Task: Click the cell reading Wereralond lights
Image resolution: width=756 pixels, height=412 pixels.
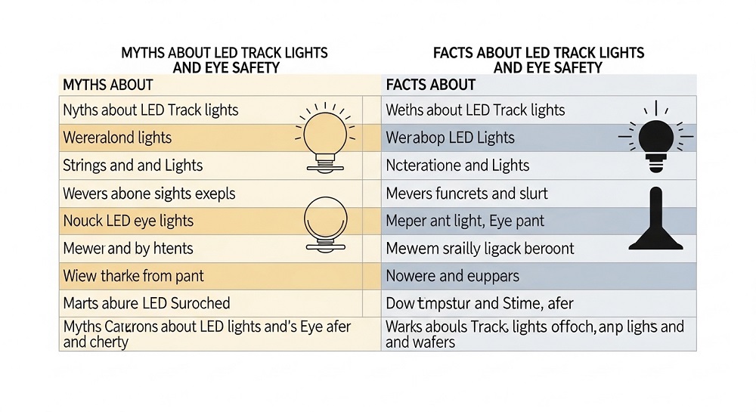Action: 117,138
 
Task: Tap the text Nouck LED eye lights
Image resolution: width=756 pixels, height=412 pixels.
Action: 129,221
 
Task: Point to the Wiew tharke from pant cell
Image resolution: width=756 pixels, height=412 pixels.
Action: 134,276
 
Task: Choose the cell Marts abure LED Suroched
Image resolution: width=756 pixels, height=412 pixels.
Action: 147,303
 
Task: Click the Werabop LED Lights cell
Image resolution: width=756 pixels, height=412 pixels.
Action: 451,138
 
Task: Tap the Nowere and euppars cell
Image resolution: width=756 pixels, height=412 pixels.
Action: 452,276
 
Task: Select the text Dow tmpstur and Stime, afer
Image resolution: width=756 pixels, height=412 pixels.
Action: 480,303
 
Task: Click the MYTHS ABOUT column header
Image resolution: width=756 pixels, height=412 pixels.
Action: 108,85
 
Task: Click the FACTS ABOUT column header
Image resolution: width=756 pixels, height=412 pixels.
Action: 431,85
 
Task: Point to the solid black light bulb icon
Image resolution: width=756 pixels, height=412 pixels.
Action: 655,137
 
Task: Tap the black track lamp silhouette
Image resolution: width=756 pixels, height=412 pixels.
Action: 655,218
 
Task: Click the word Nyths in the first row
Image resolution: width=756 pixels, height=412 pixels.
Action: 80,110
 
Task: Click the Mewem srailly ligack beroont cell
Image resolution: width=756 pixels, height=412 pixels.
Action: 480,249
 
